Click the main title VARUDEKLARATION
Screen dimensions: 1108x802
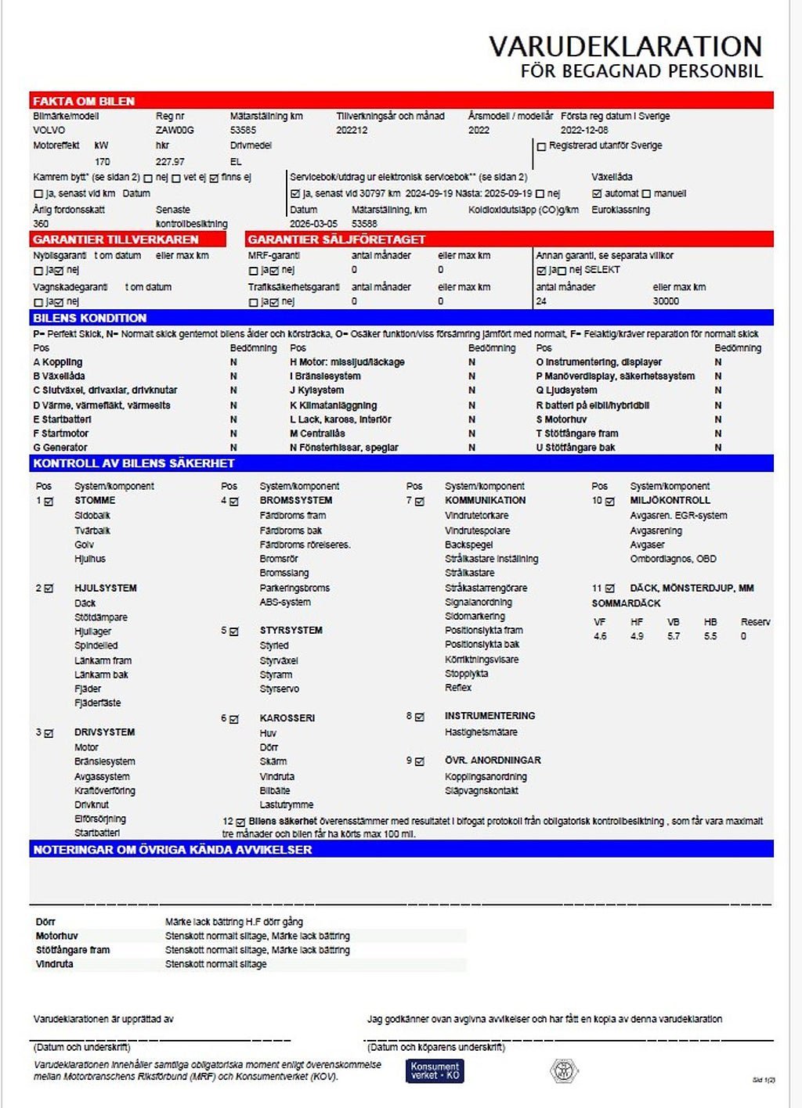pos(625,46)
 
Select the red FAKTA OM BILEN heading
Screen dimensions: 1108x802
pos(84,101)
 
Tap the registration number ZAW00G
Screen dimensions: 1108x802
pos(175,130)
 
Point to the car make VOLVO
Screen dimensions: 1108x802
pos(49,130)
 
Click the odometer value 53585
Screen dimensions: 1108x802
pos(244,130)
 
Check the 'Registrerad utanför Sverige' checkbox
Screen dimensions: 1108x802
pos(541,146)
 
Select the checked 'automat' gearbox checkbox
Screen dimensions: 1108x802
pos(597,193)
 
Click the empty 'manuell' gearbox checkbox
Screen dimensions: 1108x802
pos(646,193)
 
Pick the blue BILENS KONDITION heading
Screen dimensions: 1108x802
pos(90,318)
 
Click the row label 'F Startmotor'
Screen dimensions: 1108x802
pos(61,433)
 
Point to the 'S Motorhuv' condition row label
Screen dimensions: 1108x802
pos(561,419)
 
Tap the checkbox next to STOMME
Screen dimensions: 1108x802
pos(49,501)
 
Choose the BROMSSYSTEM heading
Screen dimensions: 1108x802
pos(296,500)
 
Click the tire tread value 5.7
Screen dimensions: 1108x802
pos(674,636)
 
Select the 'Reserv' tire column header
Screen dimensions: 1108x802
pos(755,622)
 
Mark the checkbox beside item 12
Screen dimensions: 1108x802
pos(240,822)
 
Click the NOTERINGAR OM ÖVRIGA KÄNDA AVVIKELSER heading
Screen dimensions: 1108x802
pos(172,849)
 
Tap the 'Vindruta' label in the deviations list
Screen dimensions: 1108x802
pos(55,964)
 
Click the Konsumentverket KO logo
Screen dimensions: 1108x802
pos(435,1070)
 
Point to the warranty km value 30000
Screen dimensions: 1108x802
pos(666,301)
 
